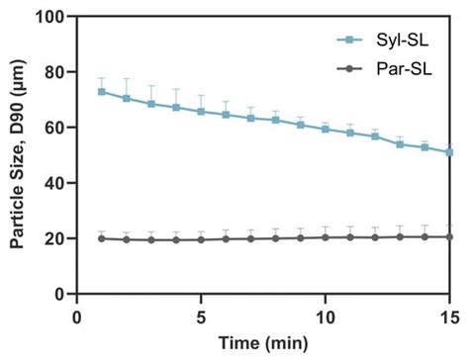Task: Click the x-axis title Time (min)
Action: tap(263, 343)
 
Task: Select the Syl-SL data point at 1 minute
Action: tap(102, 92)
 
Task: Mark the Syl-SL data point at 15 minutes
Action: tap(450, 151)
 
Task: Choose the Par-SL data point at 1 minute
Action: tap(102, 238)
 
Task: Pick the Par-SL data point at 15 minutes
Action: tap(450, 236)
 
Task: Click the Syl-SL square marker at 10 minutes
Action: tap(326, 130)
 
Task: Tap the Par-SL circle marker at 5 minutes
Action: tap(201, 239)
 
